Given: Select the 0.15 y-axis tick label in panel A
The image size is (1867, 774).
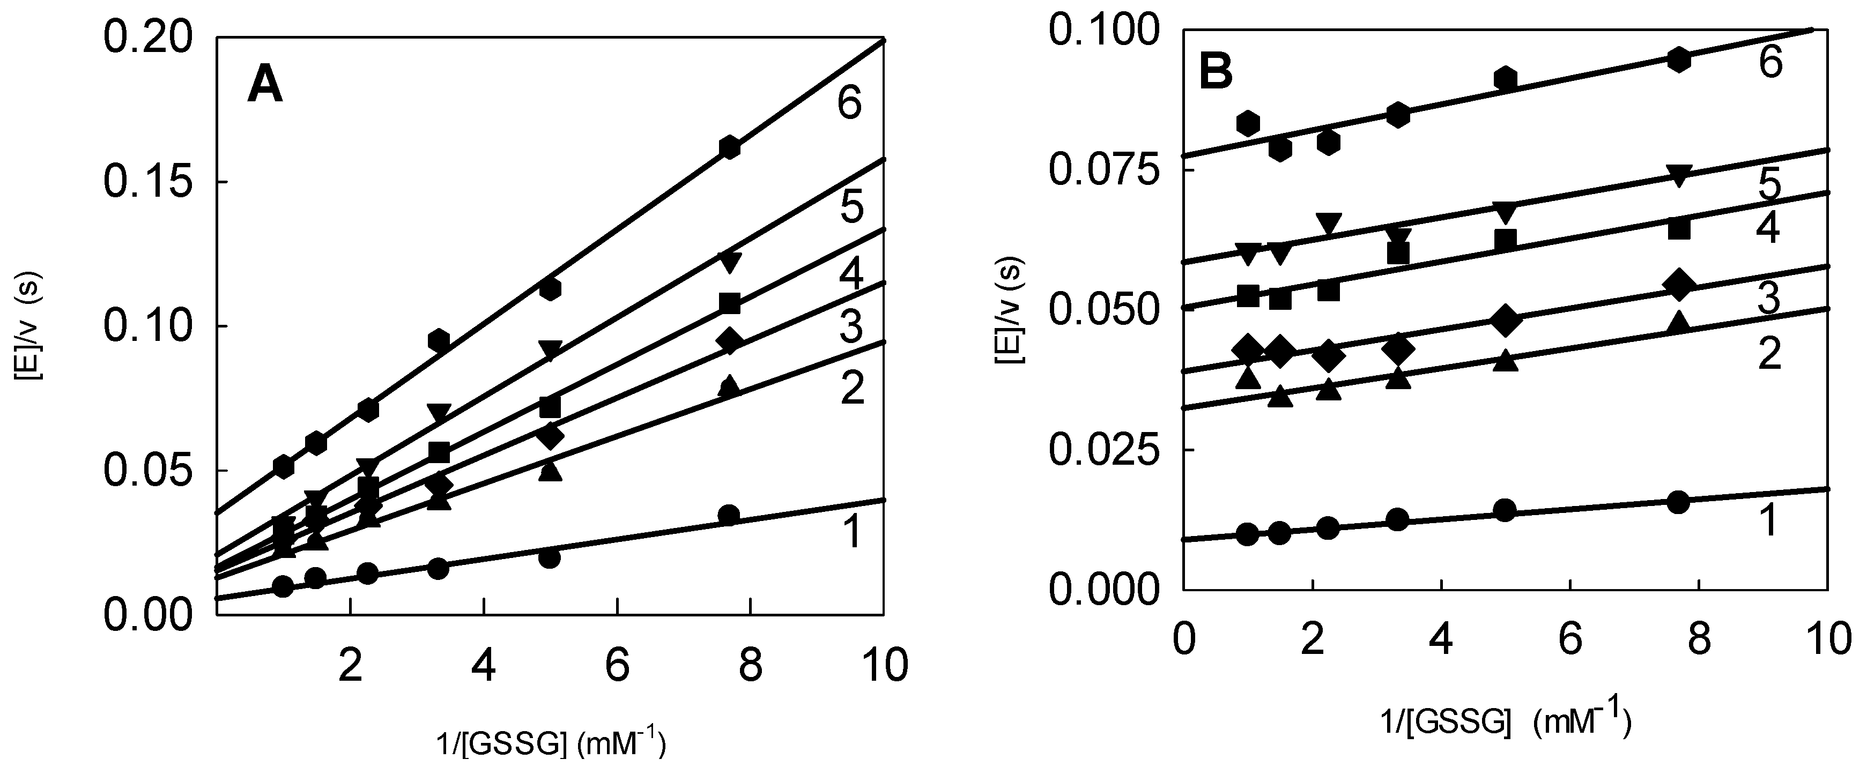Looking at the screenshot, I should point(149,182).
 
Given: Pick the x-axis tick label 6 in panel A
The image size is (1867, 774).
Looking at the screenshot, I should point(617,665).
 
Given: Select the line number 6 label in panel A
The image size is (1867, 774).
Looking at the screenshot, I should point(849,103).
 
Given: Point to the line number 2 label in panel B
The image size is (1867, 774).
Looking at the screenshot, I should point(1770,355).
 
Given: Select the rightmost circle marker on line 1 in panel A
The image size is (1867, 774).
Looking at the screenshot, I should point(729,515).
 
